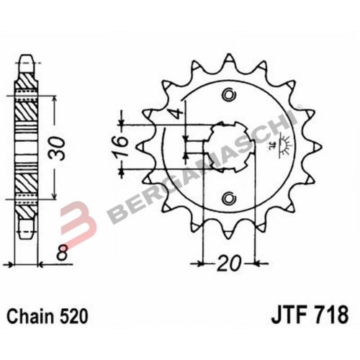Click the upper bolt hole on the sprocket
tap(230, 94)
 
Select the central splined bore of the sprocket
tap(230, 147)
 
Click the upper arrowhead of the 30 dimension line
tap(55, 92)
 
